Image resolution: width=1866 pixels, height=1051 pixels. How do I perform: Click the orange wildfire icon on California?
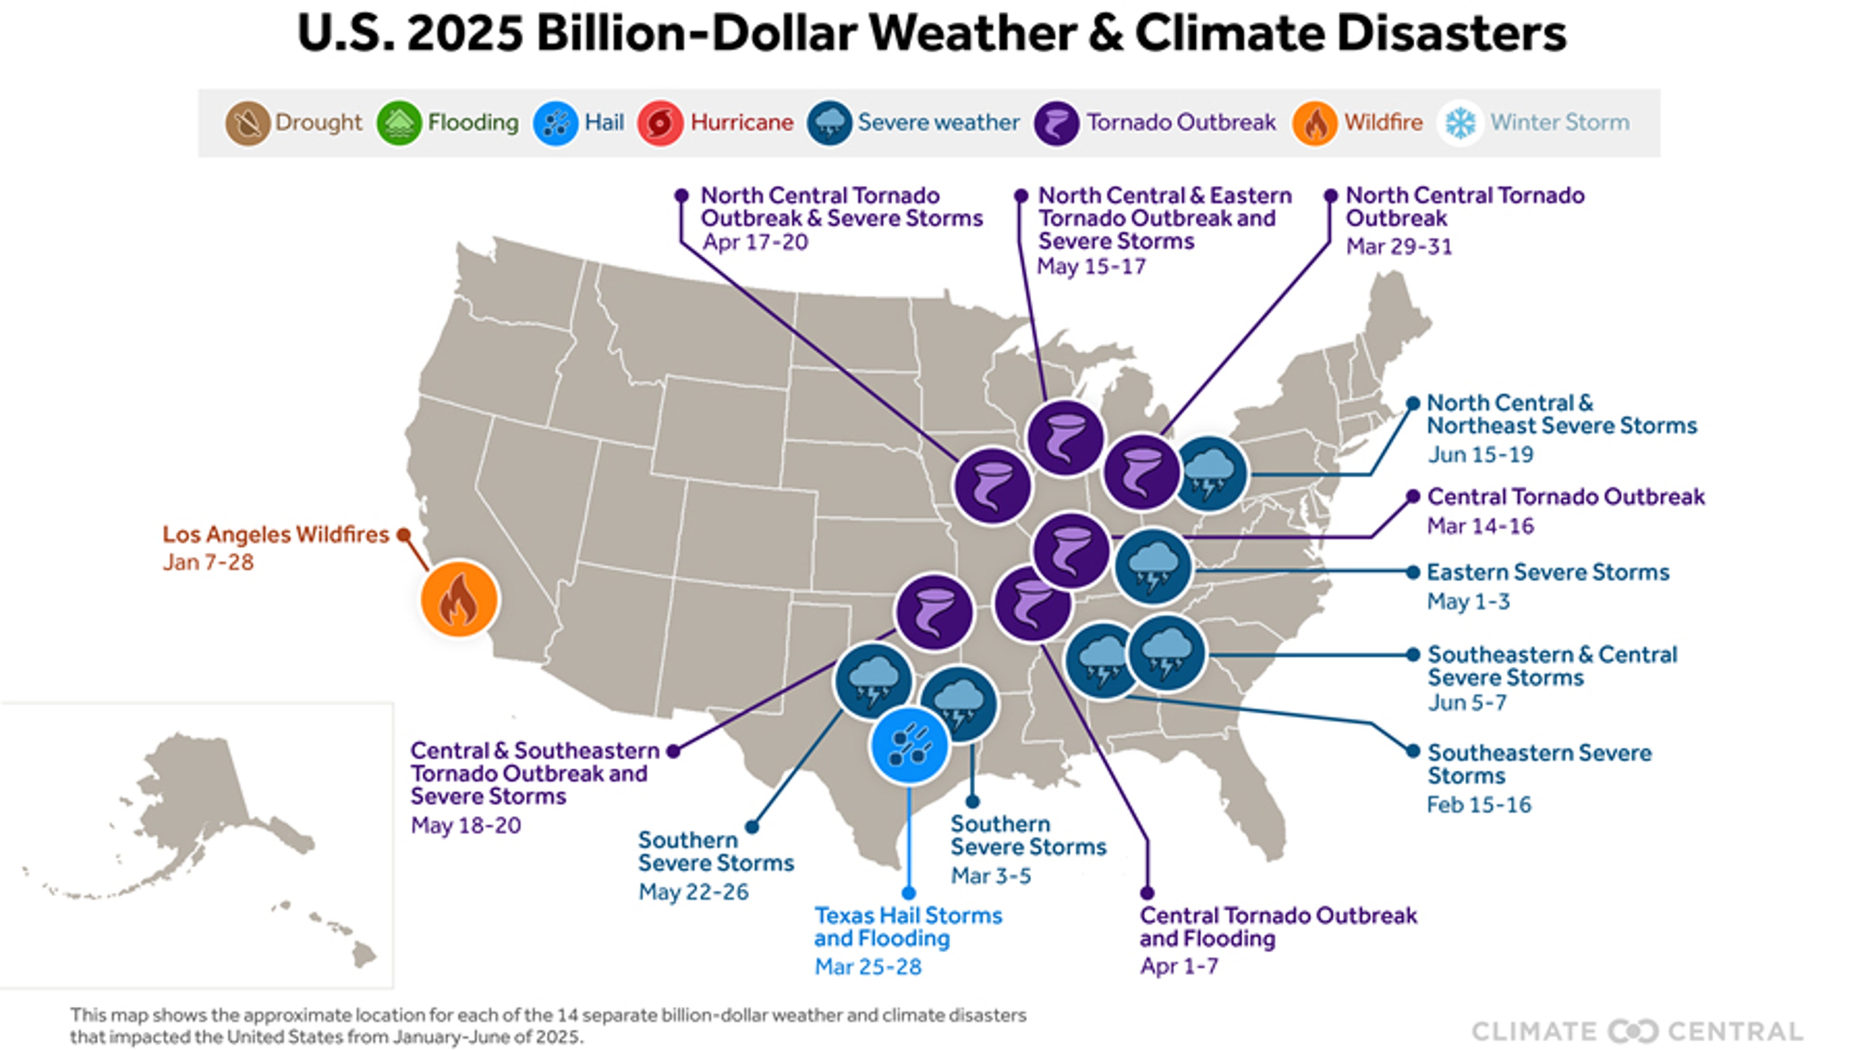(x=459, y=599)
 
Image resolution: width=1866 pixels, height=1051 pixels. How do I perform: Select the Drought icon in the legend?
(x=247, y=123)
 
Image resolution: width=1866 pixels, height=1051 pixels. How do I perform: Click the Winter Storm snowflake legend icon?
(x=1460, y=123)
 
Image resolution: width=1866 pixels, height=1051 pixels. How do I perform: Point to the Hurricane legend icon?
(x=659, y=123)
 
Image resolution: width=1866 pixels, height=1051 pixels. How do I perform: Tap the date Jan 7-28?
(x=208, y=563)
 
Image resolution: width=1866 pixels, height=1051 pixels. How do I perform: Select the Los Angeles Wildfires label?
(x=275, y=534)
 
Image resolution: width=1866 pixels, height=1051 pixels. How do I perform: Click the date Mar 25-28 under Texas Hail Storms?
(x=868, y=967)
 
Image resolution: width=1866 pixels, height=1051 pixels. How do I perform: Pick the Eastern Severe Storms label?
(x=1547, y=572)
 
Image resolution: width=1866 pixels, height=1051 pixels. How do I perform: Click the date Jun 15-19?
(x=1480, y=455)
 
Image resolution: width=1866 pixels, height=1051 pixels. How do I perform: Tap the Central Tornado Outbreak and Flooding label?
(x=1277, y=927)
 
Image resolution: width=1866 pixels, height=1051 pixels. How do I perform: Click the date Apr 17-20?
(x=755, y=242)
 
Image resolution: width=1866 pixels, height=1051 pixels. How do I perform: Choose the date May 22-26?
(x=693, y=892)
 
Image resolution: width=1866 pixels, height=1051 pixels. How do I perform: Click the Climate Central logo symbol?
(x=1633, y=1031)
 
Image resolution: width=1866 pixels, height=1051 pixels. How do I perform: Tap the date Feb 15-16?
(x=1478, y=805)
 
